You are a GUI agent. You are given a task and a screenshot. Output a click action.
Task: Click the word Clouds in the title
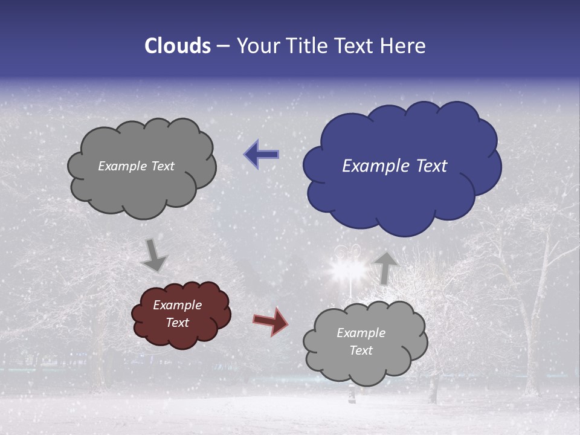[178, 46]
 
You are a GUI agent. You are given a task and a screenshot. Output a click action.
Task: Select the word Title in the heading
[308, 46]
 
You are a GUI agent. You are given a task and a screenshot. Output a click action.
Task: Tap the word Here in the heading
[402, 46]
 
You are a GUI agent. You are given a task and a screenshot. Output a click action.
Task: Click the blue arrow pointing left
[261, 155]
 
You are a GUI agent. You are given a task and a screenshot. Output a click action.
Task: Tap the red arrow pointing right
[271, 321]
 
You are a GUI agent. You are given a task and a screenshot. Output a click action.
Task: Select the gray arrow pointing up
[384, 268]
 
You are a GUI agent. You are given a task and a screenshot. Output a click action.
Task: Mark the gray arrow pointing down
[154, 255]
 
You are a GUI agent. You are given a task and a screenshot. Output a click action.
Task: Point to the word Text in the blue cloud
[432, 166]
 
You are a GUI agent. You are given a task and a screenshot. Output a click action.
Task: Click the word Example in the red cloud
[177, 305]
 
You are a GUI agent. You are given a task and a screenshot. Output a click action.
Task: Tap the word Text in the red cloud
[177, 323]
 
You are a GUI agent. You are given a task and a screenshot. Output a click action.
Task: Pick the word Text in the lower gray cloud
[361, 350]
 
